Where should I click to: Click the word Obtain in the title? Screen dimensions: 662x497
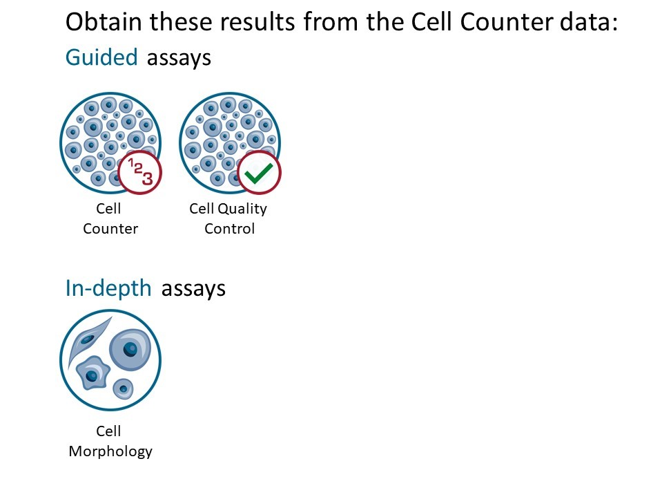click(x=104, y=21)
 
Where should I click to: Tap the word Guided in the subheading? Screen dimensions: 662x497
click(x=101, y=57)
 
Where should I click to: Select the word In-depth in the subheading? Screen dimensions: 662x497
click(x=108, y=289)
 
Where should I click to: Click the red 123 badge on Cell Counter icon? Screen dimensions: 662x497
click(x=139, y=172)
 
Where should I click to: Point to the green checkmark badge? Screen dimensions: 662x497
click(x=259, y=172)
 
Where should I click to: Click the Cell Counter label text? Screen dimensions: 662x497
click(x=110, y=218)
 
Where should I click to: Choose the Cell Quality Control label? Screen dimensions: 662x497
click(x=228, y=218)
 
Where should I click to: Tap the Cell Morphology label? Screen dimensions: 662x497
click(x=110, y=441)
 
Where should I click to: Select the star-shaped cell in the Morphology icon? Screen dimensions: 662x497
click(x=93, y=373)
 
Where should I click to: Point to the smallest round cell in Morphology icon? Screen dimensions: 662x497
click(x=124, y=388)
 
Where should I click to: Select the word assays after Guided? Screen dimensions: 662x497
click(x=179, y=58)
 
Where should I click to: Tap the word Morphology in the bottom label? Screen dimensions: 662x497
click(x=110, y=452)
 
